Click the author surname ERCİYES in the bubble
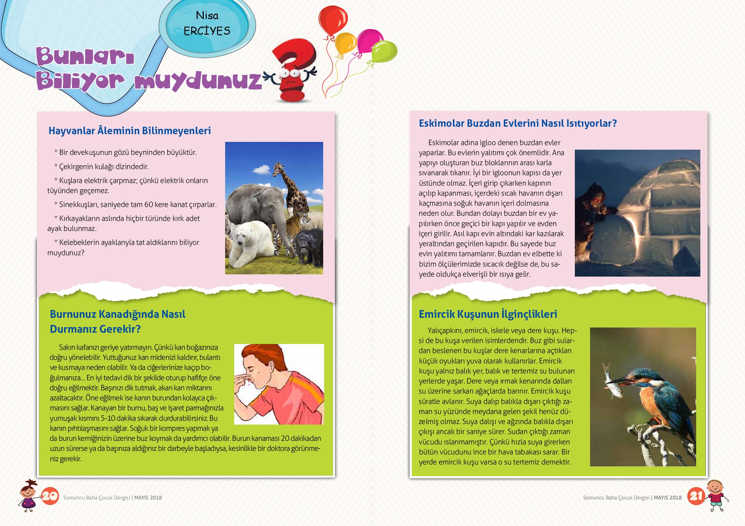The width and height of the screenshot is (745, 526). coord(207,31)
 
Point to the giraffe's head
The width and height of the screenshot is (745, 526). coord(278,168)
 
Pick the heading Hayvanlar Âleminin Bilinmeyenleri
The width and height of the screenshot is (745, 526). coord(129,131)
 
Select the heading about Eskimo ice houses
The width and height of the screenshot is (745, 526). coord(518,123)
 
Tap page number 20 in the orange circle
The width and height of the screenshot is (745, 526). coord(50,497)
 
